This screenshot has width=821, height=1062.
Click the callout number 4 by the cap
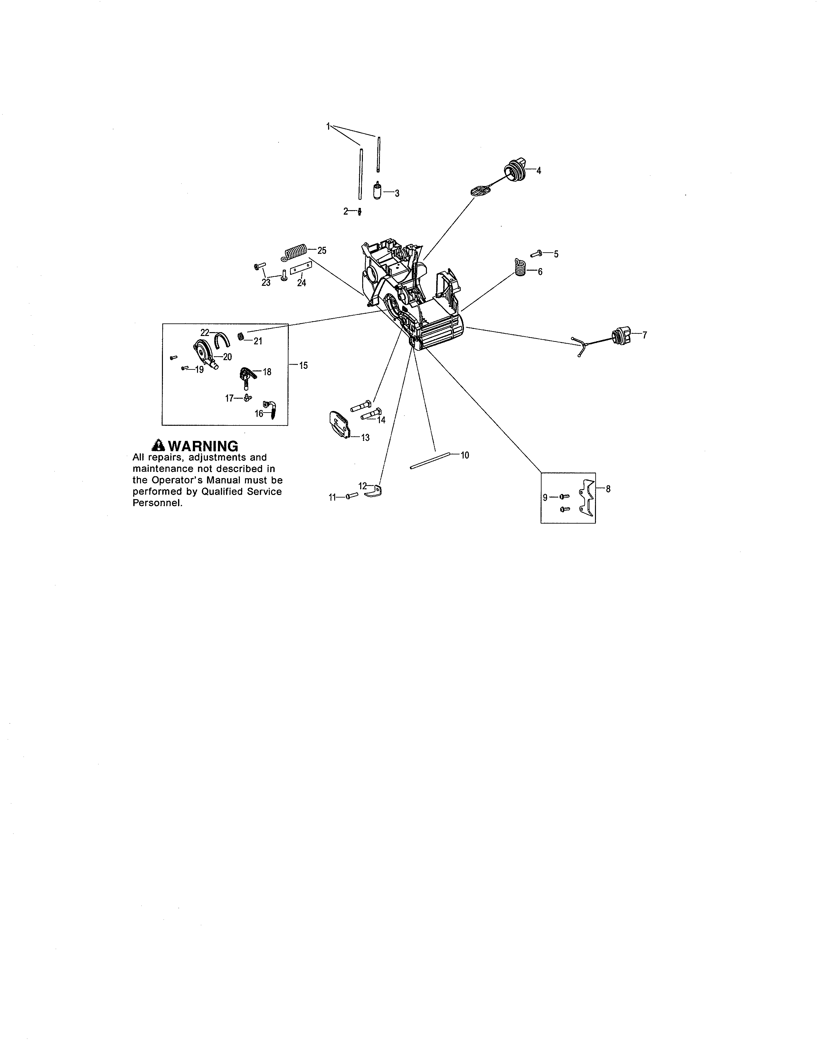coord(538,171)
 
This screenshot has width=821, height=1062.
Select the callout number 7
coord(645,335)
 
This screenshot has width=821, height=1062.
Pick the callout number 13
coord(365,438)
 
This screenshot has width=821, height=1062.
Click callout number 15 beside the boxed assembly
coord(304,366)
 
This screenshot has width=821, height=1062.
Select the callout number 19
coord(199,369)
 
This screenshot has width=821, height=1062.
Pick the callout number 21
coord(258,341)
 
